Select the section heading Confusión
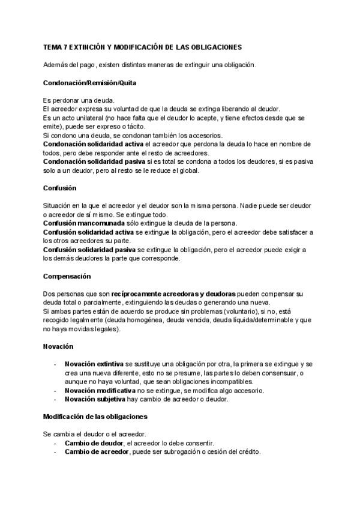60,188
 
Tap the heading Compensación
67,276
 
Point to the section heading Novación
58,347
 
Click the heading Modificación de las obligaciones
95,416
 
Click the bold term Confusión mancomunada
80,223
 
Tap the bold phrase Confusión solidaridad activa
84,232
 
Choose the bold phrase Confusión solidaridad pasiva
84,249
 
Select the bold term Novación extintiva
94,364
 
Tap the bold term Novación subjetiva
95,399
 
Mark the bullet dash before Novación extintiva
56,364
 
